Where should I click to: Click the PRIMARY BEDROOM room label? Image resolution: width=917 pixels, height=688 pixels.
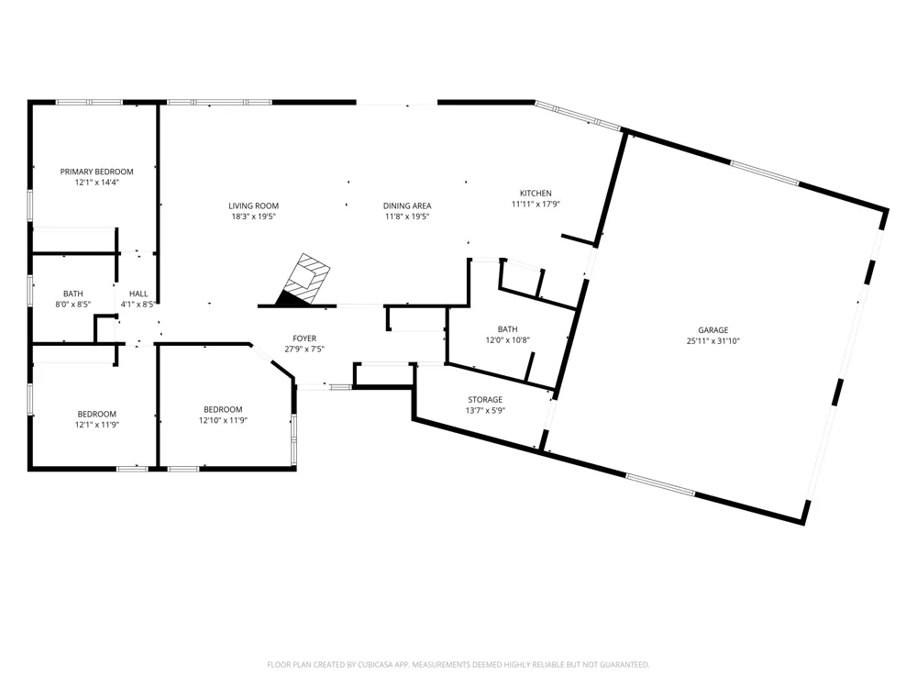point(96,172)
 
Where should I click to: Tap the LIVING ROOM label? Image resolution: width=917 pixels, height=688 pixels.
point(253,205)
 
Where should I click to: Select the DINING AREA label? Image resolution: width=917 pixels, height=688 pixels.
point(407,205)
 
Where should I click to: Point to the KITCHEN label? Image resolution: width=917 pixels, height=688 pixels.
point(536,193)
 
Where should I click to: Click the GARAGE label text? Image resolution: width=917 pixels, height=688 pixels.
point(713,330)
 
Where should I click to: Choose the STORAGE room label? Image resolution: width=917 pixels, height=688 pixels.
point(485,400)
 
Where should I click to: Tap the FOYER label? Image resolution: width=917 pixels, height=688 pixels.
point(304,338)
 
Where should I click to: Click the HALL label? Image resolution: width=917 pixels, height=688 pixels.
point(138,294)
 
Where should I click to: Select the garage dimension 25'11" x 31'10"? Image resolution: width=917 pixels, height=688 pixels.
point(713,341)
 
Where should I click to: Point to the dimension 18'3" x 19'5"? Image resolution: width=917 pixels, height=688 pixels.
point(253,216)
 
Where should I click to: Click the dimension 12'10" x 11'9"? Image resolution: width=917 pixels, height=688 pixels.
point(223,420)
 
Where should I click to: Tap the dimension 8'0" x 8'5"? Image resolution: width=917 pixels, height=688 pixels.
point(73,305)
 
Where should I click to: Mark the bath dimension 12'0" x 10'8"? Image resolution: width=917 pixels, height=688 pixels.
point(508,340)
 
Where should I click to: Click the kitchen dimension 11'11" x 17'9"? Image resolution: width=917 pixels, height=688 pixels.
point(536,205)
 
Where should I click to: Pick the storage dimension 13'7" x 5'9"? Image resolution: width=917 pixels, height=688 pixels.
point(485,411)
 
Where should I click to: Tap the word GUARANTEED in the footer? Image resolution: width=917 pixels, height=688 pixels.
point(627,664)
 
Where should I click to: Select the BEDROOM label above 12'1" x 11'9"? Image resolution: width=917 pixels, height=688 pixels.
point(96,415)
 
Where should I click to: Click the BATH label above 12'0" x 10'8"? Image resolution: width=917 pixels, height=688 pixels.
point(508,329)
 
